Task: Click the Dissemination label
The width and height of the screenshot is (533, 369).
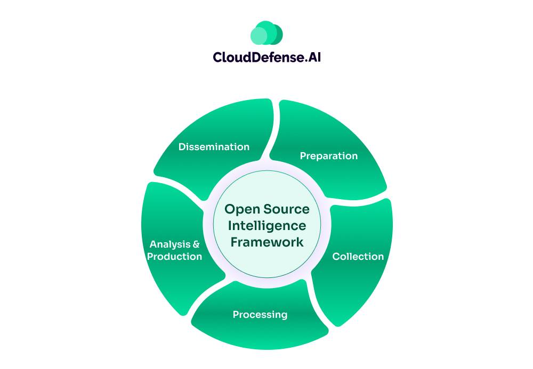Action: [x=214, y=147]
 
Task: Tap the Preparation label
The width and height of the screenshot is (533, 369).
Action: [x=328, y=156]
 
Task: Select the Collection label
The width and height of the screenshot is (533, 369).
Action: [x=358, y=257]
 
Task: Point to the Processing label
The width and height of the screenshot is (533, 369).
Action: [x=260, y=315]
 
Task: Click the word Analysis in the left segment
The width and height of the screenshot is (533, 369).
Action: [x=169, y=244]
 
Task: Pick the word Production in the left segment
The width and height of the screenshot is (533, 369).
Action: [x=175, y=257]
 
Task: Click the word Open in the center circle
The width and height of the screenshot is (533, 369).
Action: [x=238, y=209]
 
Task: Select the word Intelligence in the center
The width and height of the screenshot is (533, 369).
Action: [x=267, y=226]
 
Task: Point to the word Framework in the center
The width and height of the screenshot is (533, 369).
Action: [x=267, y=242]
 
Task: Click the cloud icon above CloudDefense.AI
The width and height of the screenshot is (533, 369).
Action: [x=266, y=33]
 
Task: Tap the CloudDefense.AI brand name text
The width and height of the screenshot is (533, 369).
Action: [x=266, y=57]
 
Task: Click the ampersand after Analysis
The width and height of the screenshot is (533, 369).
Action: [x=196, y=244]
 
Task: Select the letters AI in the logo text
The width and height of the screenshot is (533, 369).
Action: [x=314, y=57]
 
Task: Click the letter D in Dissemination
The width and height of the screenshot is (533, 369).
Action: [x=182, y=147]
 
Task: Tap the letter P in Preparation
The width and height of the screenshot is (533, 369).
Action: [x=303, y=156]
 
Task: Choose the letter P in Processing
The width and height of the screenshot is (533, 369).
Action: [x=236, y=315]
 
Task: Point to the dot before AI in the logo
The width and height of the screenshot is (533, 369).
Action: [x=305, y=60]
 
